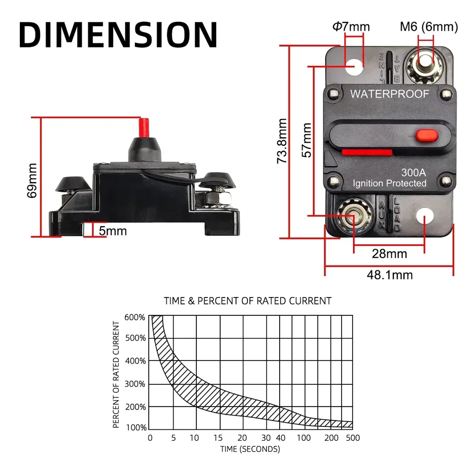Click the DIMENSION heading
coord(118,35)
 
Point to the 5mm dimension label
coord(113,231)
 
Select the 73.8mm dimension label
coord(282,141)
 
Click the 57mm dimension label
coord(307,140)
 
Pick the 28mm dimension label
coord(389,254)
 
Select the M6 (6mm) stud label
coord(429,26)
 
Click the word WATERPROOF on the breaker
coord(390,94)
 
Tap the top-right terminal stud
coord(425,65)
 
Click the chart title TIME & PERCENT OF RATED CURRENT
coord(247,300)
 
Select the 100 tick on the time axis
coord(304,438)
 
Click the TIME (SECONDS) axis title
coord(250,449)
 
